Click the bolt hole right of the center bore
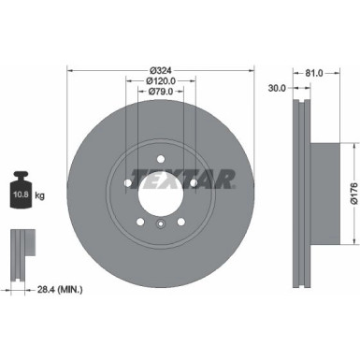(x=194, y=183)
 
